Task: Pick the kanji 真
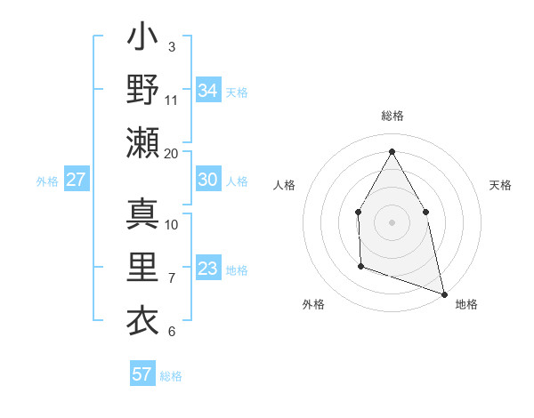(143, 213)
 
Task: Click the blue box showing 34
(208, 90)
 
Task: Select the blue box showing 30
(208, 180)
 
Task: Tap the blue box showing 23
(208, 269)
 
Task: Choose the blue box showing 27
(76, 180)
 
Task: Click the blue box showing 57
(142, 374)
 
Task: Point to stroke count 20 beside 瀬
(172, 153)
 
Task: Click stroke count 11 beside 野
(172, 100)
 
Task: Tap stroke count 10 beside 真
(172, 224)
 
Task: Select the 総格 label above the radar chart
(392, 117)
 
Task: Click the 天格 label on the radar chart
(500, 185)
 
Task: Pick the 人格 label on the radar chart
(284, 185)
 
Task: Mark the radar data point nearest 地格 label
(444, 293)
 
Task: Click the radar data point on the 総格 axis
(392, 150)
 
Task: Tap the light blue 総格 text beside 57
(171, 376)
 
